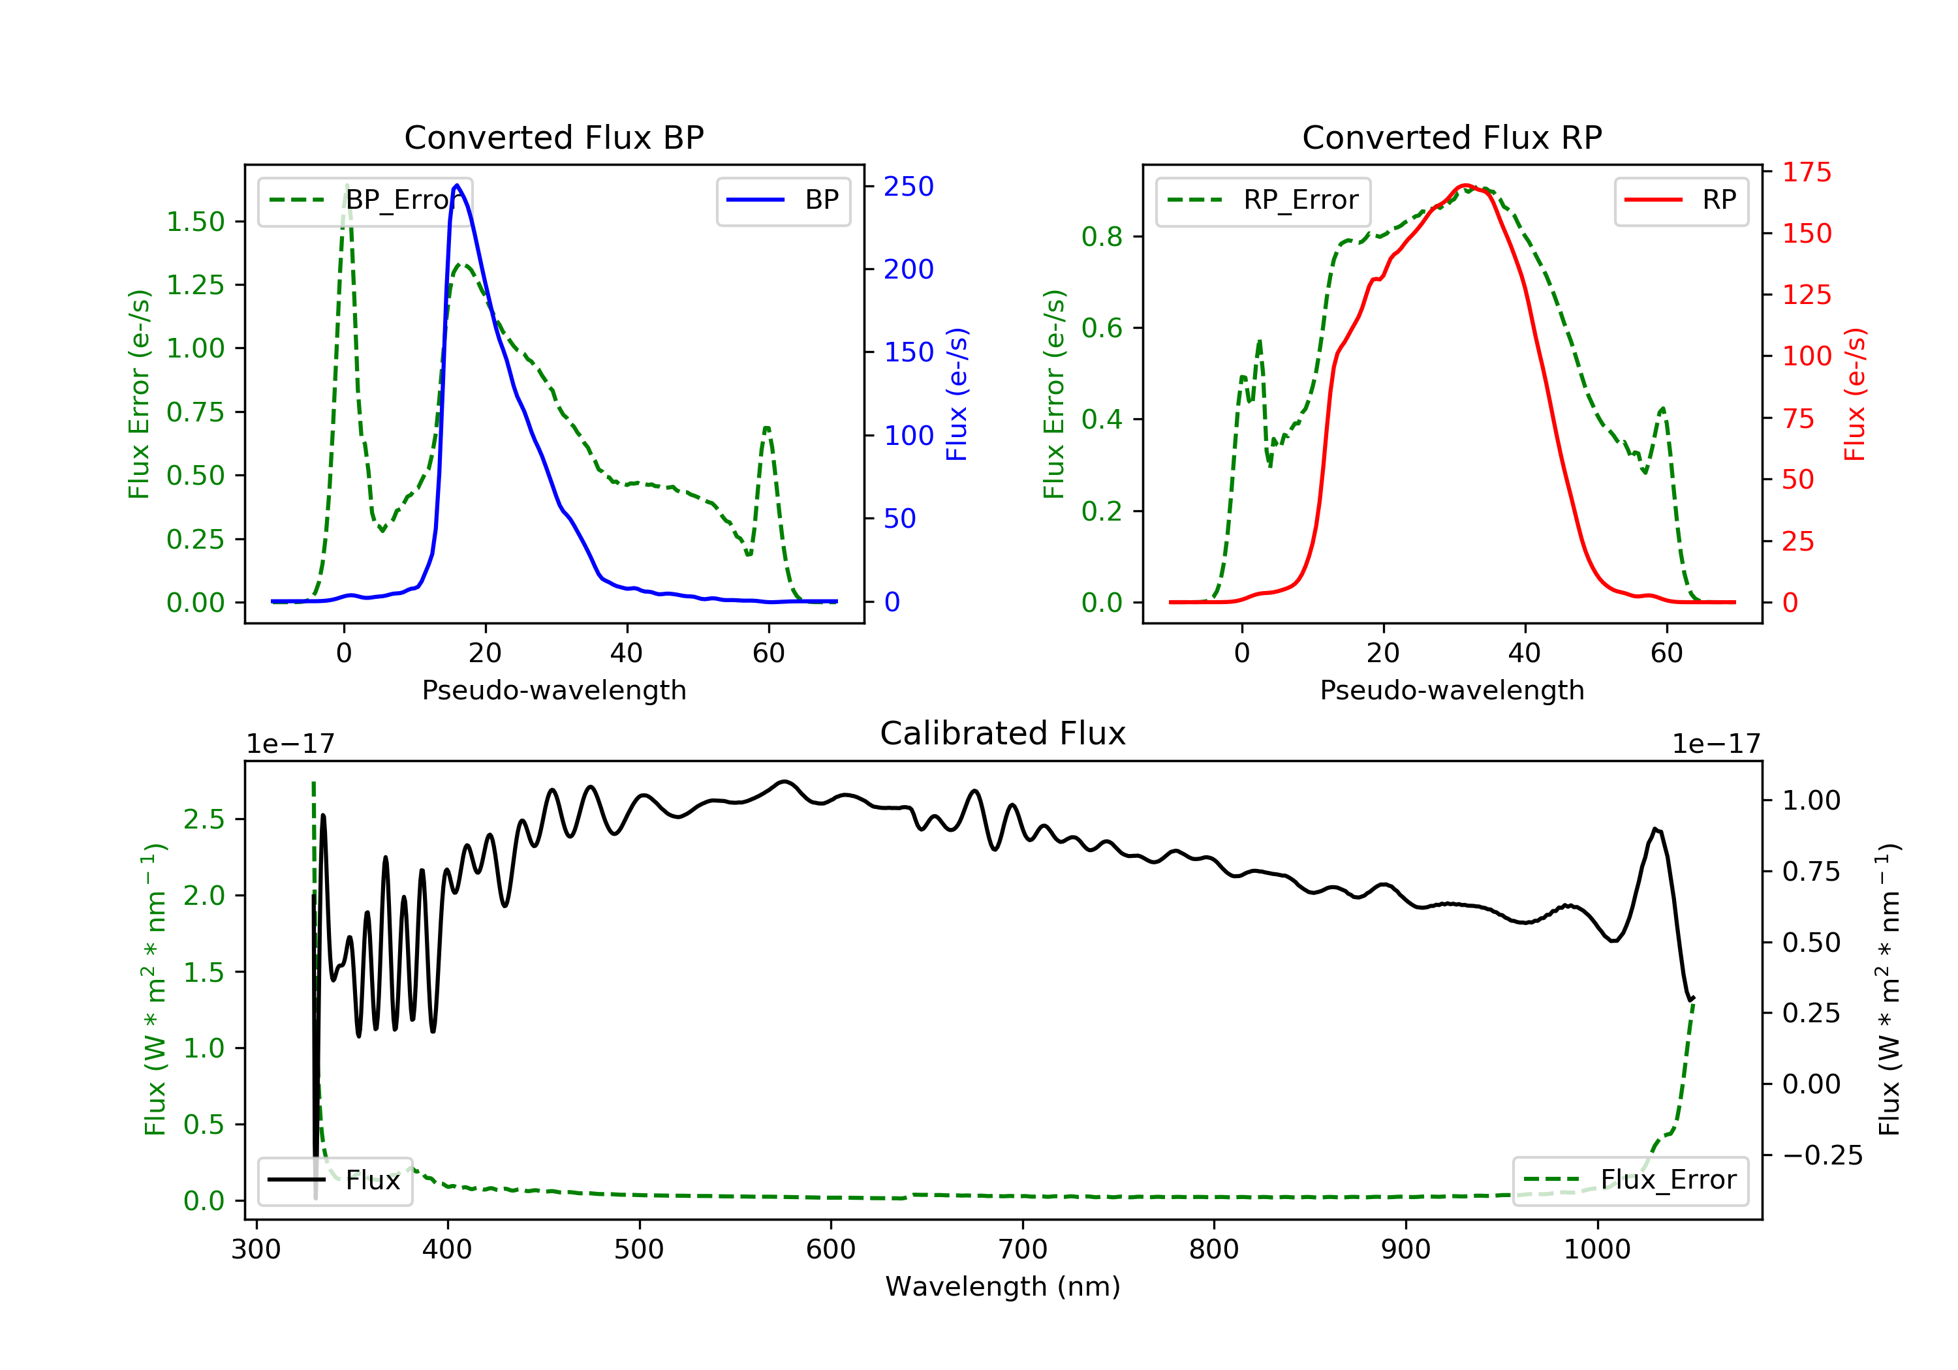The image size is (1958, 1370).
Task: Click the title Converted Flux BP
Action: click(x=553, y=137)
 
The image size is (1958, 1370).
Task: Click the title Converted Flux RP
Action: click(x=1452, y=137)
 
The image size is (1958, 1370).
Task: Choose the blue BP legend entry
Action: click(x=783, y=200)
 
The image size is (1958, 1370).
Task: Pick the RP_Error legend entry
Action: click(x=1263, y=200)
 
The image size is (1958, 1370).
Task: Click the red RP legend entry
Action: click(x=1681, y=200)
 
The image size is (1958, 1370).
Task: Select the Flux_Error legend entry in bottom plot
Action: click(x=1630, y=1180)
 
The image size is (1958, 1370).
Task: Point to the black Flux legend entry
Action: click(x=334, y=1180)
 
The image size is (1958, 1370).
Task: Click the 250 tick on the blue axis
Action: click(x=909, y=187)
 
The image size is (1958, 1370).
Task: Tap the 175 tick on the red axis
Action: click(x=1806, y=172)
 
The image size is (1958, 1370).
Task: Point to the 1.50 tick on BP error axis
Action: click(x=195, y=222)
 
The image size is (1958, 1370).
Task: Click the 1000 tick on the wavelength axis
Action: click(x=1596, y=1250)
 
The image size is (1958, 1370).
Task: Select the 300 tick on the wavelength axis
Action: click(x=256, y=1250)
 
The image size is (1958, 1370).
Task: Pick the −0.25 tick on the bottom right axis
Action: click(x=1822, y=1155)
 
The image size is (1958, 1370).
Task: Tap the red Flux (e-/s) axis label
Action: click(x=1856, y=395)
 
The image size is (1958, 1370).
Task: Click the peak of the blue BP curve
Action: click(x=457, y=185)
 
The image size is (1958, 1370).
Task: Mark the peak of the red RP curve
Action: click(x=1464, y=185)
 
